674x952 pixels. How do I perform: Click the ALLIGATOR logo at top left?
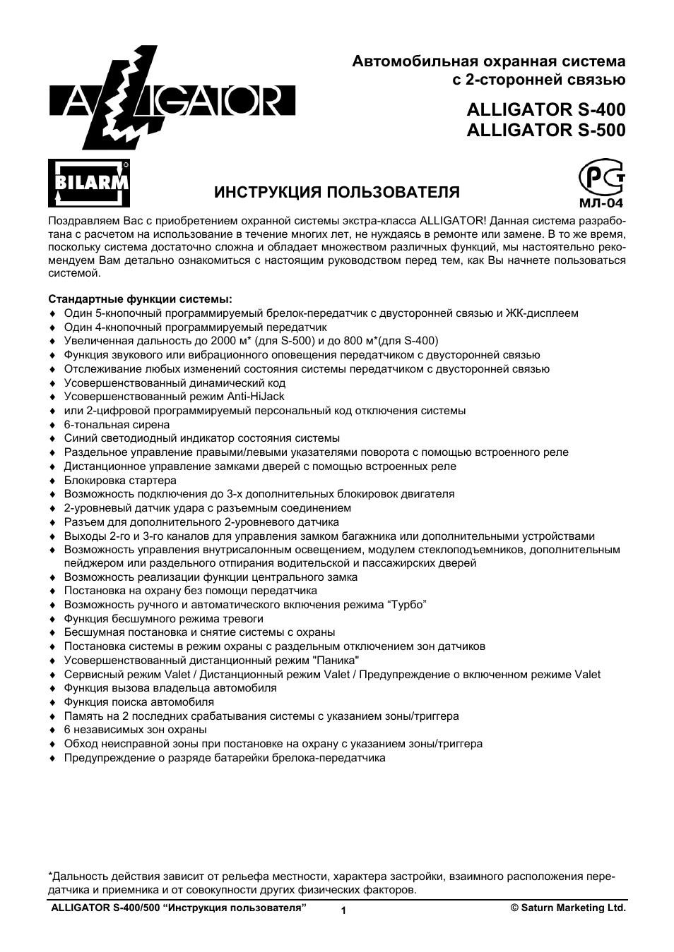[x=172, y=99]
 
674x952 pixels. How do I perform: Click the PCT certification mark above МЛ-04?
[x=601, y=179]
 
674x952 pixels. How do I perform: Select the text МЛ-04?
[x=601, y=203]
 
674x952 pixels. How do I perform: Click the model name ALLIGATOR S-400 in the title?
[x=545, y=110]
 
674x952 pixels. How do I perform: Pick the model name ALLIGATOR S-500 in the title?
[x=545, y=131]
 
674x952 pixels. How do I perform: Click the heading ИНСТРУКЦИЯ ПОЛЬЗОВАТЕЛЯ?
[x=337, y=192]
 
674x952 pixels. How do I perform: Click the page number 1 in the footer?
[x=343, y=911]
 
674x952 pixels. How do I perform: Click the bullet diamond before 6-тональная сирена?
[x=52, y=426]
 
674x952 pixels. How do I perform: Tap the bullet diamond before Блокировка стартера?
[x=52, y=481]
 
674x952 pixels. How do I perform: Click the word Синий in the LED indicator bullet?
[x=79, y=438]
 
